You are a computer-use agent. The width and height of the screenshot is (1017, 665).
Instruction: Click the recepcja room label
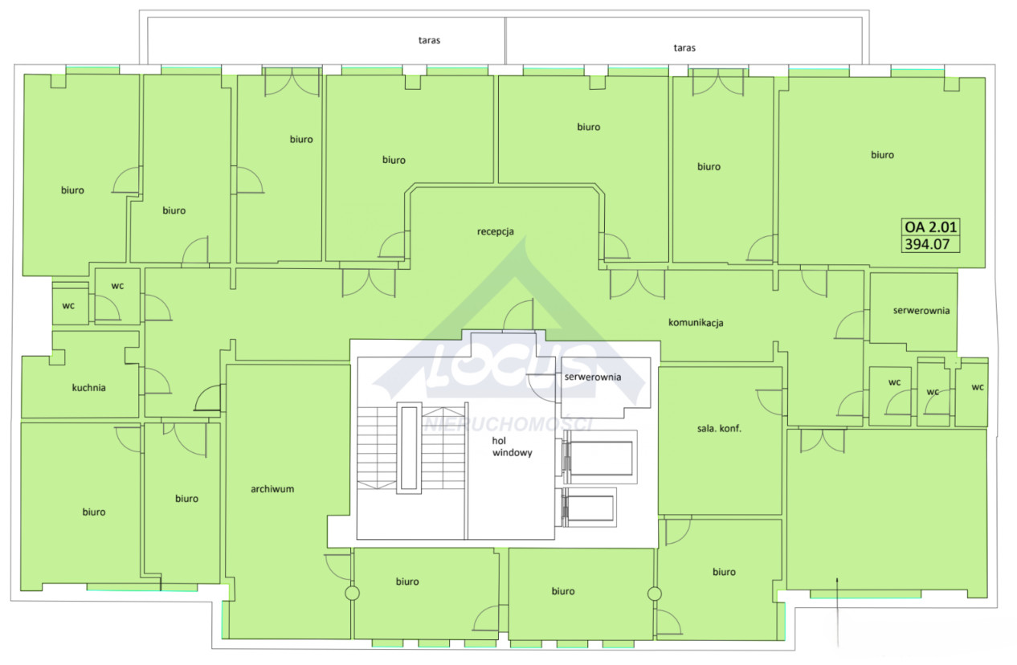(x=496, y=231)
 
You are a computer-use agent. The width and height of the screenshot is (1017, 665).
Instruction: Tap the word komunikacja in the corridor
(x=696, y=323)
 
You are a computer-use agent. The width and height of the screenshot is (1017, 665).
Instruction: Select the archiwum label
(x=272, y=489)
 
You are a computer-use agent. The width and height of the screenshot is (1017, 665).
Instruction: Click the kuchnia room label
(x=88, y=388)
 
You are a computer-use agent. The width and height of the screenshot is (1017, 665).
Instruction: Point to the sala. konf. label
(x=719, y=428)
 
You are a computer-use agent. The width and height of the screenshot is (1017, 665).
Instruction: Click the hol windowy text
(x=513, y=447)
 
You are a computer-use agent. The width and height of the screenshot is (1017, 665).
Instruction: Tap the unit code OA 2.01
(x=930, y=226)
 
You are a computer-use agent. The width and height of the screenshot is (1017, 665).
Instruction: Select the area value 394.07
(x=927, y=244)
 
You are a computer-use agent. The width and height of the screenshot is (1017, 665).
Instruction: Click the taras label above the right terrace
(x=684, y=47)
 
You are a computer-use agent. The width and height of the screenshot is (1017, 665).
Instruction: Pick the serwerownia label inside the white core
(x=593, y=377)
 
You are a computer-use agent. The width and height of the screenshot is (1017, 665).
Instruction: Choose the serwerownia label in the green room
(x=921, y=311)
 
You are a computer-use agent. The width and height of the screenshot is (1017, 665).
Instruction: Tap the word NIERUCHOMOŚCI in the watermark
(x=508, y=424)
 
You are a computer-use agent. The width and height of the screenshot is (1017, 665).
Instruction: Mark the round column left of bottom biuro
(x=353, y=593)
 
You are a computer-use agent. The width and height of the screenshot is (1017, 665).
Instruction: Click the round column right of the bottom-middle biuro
(x=654, y=594)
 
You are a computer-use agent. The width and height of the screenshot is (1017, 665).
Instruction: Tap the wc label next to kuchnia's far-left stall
(x=68, y=305)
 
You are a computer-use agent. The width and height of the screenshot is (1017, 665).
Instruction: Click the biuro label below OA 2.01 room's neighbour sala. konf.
(x=724, y=572)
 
